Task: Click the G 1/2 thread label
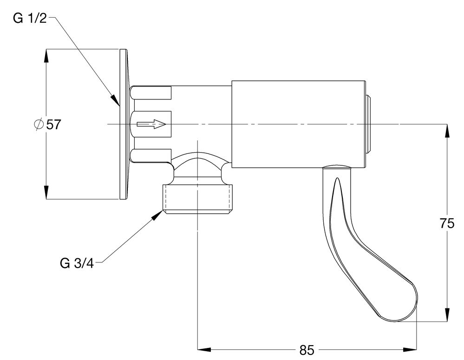pos(30,19)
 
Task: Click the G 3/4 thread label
pos(77,263)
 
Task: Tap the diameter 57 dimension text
pos(47,124)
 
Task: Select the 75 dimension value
pos(447,223)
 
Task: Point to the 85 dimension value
pos(307,350)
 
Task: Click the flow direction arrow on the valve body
pos(151,124)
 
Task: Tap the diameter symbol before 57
pos(39,124)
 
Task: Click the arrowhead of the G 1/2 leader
pos(115,100)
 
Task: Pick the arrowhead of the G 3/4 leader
pos(157,215)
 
